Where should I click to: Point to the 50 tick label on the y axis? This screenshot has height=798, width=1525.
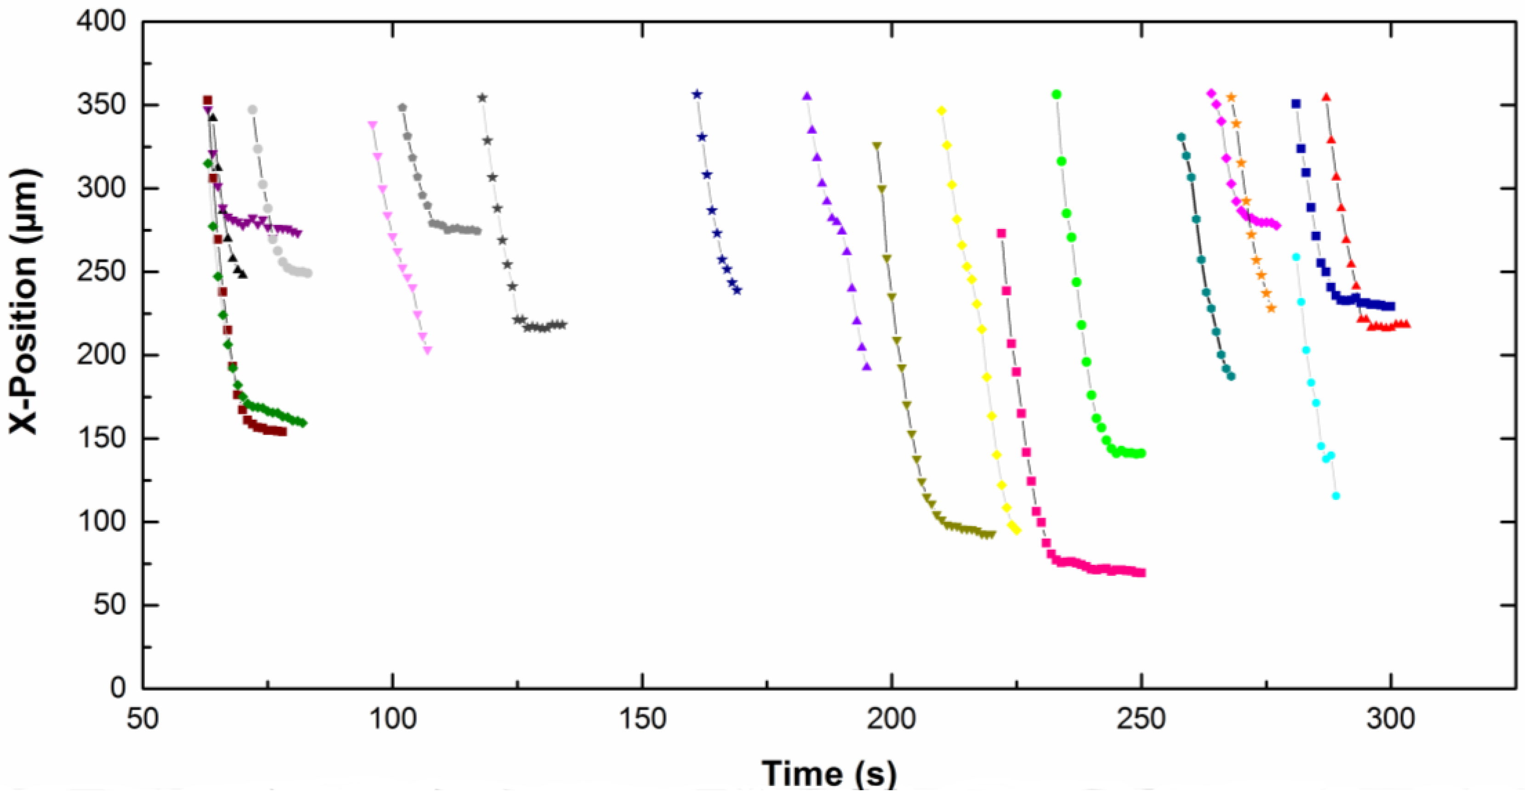[x=110, y=605]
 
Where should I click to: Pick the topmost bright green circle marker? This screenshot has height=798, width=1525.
[x=1056, y=95]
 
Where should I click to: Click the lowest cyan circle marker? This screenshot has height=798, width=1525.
[x=1336, y=496]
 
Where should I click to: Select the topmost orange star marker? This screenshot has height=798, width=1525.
[x=1231, y=97]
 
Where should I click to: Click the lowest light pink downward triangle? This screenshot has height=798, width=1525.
[x=428, y=350]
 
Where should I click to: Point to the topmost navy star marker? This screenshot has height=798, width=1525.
[x=697, y=94]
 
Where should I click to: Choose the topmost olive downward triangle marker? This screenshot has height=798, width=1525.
[x=877, y=146]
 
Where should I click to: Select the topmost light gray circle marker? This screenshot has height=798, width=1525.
[x=253, y=109]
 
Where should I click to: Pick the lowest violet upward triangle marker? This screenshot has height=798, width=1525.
[x=867, y=366]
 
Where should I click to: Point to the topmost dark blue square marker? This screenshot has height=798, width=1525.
[x=1296, y=103]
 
